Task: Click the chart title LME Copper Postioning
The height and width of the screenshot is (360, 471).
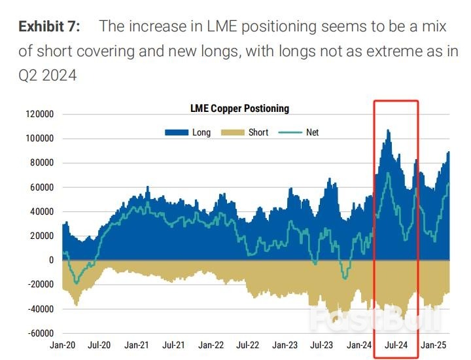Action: (239, 109)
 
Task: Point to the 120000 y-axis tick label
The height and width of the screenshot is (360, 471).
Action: (39, 115)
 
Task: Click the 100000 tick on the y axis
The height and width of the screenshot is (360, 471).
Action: (39, 139)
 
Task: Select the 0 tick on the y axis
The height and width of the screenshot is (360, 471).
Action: (50, 260)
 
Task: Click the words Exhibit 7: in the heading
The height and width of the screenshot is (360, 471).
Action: (49, 27)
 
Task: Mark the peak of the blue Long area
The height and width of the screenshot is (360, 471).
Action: (388, 130)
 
